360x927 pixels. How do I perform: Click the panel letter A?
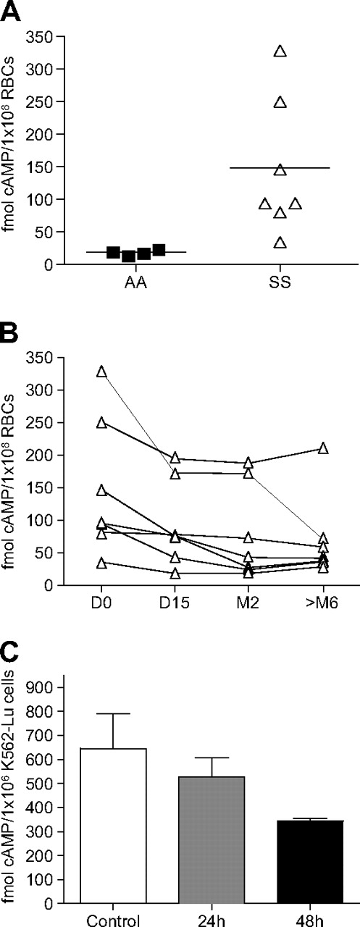click(x=12, y=12)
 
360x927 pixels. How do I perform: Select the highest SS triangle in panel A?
click(x=280, y=51)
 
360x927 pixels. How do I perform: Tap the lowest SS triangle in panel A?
click(x=280, y=243)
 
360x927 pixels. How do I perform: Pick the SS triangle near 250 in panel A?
click(x=280, y=102)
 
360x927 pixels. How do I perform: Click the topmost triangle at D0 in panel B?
click(x=101, y=372)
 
